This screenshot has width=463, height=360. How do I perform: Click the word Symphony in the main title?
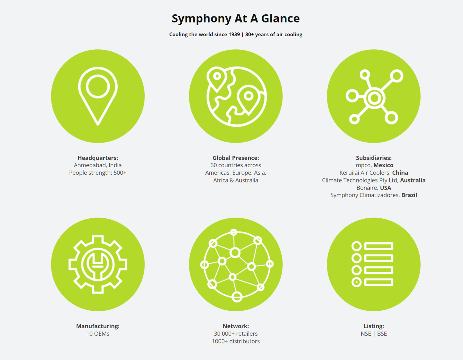point(201,19)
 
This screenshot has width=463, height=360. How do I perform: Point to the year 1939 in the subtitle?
point(234,35)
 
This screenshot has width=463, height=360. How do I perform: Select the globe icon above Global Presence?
point(236,96)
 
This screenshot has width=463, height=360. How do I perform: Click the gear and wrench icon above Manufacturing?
point(98,264)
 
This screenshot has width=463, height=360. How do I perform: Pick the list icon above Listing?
point(373,264)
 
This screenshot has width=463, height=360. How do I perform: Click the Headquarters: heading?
point(98,158)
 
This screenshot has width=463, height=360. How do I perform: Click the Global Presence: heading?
point(236,158)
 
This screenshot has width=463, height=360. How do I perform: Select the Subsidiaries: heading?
point(374,158)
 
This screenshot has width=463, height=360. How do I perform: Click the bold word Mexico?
point(383,165)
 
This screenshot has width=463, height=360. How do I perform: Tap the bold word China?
point(400,173)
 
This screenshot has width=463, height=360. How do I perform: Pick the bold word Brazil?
point(409,195)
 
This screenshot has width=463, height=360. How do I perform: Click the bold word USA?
point(385,188)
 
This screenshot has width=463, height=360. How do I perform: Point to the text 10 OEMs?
point(98,334)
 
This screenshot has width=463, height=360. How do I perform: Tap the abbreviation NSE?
point(366,334)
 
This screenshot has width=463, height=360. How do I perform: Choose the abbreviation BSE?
point(382,334)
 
